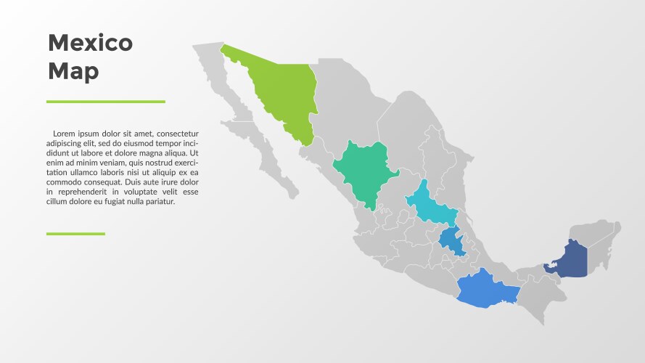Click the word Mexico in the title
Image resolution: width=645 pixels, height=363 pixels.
coord(90,43)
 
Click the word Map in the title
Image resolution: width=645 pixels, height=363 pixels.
coord(73,71)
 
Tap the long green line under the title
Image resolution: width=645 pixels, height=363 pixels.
coord(106,102)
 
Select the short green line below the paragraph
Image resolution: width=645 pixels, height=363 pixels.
coord(75,234)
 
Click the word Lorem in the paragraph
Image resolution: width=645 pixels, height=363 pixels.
coord(65,134)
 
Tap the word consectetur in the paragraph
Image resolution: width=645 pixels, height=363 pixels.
coord(177,134)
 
